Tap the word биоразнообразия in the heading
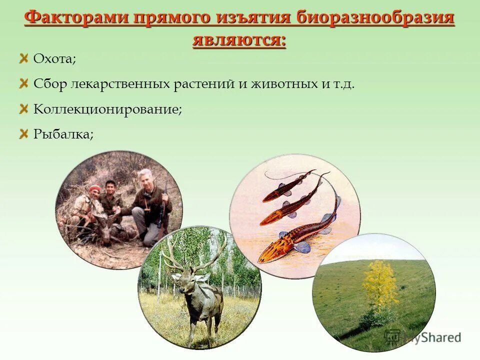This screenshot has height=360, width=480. pos(375,18)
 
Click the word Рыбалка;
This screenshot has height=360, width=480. pos(63,133)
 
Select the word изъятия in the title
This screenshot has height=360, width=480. pos(255,18)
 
